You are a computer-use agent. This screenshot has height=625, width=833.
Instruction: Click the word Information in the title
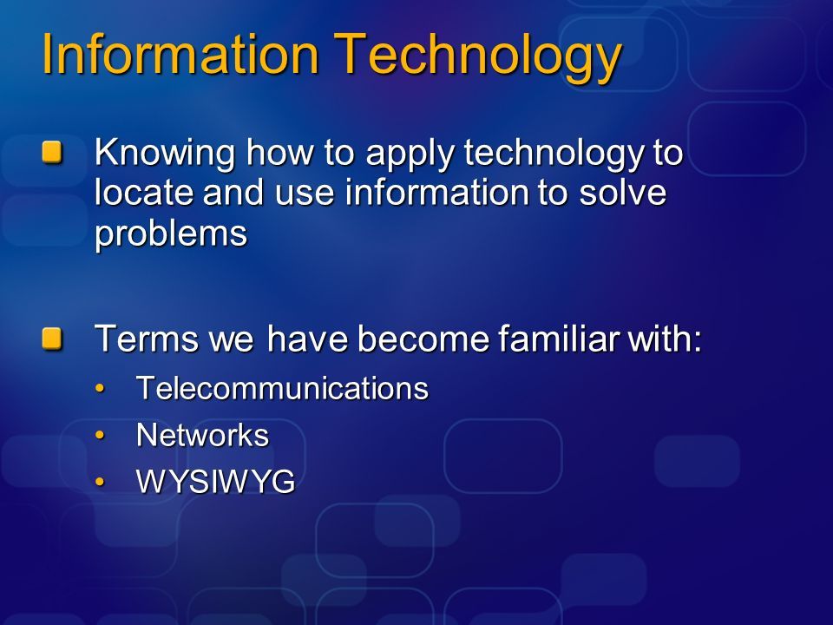coord(180,54)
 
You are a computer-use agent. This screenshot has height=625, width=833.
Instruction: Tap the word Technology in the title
coord(477,58)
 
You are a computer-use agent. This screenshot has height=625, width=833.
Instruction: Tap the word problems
coord(171,234)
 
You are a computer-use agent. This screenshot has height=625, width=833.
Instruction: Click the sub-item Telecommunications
coord(282,388)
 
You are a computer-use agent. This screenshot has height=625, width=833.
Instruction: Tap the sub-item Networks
coord(202,435)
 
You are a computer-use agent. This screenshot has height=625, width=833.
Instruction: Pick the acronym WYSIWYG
coord(216,482)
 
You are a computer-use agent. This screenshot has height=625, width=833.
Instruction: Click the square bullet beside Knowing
coord(52,152)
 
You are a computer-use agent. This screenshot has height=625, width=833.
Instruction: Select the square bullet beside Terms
coord(52,338)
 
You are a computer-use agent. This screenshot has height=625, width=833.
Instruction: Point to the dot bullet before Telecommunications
coord(100,389)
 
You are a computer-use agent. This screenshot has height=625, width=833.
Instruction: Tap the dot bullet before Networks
coord(100,435)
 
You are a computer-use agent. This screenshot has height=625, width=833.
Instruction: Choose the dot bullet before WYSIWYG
coord(100,482)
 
